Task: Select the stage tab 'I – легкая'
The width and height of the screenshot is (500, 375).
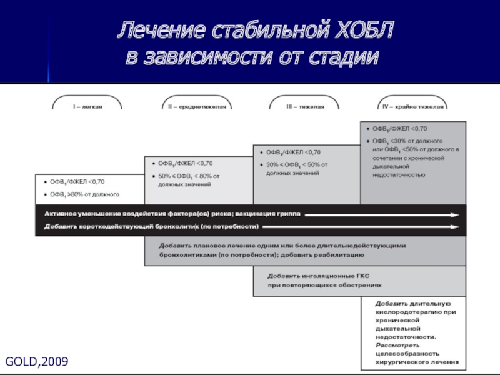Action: (87, 107)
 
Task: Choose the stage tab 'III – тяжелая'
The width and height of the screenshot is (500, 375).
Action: (304, 107)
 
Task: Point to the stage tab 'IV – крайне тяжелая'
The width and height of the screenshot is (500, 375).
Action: (412, 107)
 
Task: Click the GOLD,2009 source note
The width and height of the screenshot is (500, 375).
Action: (37, 362)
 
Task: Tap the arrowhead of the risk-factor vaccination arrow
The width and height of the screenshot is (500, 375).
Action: (461, 214)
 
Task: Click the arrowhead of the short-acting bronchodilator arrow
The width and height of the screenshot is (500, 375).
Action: (461, 226)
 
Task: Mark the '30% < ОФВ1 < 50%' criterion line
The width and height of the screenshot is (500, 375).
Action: (292, 164)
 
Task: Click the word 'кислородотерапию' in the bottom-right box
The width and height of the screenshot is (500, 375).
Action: (406, 311)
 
